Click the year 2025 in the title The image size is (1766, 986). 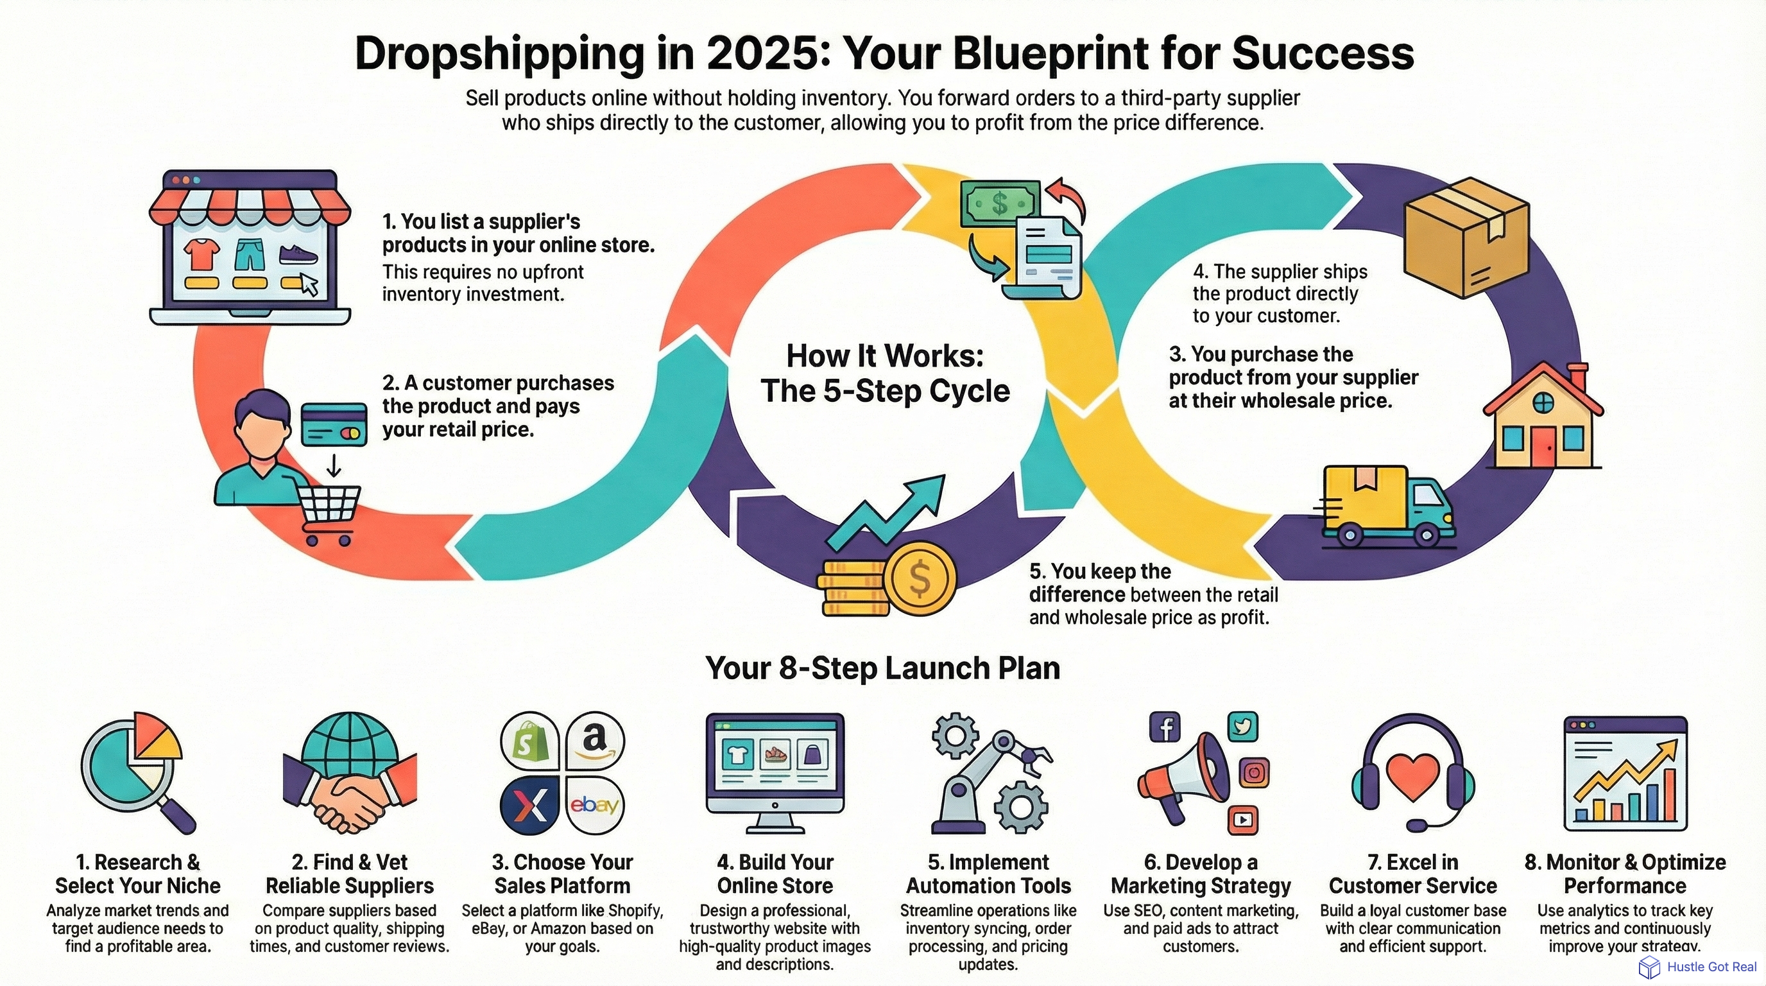click(x=761, y=53)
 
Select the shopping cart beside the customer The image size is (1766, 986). click(x=330, y=511)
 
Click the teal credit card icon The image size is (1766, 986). click(x=334, y=424)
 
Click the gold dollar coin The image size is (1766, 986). click(x=919, y=578)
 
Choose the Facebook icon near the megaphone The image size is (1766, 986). click(x=1164, y=727)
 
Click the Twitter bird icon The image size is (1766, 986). click(x=1242, y=726)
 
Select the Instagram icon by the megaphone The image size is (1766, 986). click(x=1254, y=773)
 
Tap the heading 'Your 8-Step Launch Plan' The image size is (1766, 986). click(x=882, y=668)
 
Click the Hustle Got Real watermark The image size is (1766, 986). click(x=1697, y=967)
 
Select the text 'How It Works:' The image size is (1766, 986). click(x=884, y=356)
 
